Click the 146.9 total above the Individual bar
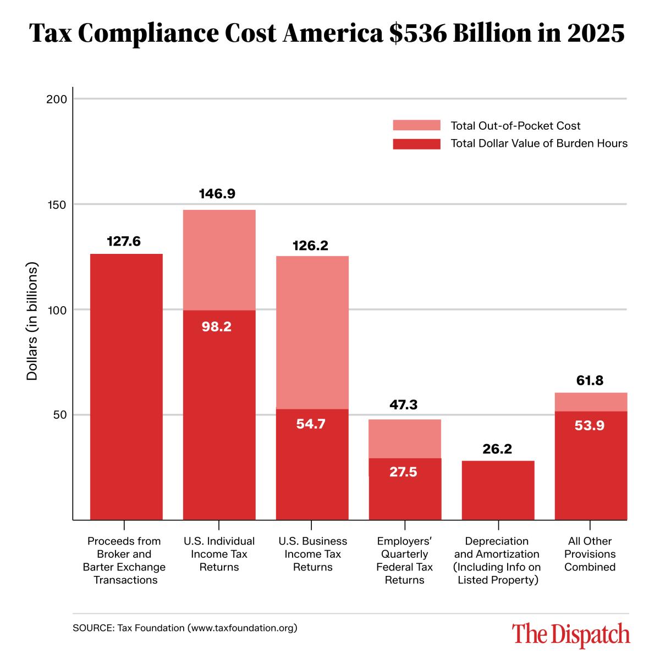pos(217,194)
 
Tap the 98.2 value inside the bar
pos(217,327)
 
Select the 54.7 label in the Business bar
pos(311,424)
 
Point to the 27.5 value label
pos(403,472)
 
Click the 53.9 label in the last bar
pos(590,426)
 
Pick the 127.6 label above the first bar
pos(124,241)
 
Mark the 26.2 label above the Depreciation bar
pos(497,449)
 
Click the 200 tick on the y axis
pos(57,99)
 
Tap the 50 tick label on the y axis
pos(60,415)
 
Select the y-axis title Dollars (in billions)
pos(32,321)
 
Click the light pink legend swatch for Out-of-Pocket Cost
pos(416,126)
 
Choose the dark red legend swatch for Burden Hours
pos(416,144)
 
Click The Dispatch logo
pos(571,634)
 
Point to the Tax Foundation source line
pos(185,628)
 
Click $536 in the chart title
pos(417,33)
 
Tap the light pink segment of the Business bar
pos(312,332)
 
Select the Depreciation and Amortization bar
pos(498,490)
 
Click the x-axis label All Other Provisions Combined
pos(590,554)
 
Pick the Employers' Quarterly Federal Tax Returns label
pos(404,561)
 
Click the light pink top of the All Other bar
pos(591,402)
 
